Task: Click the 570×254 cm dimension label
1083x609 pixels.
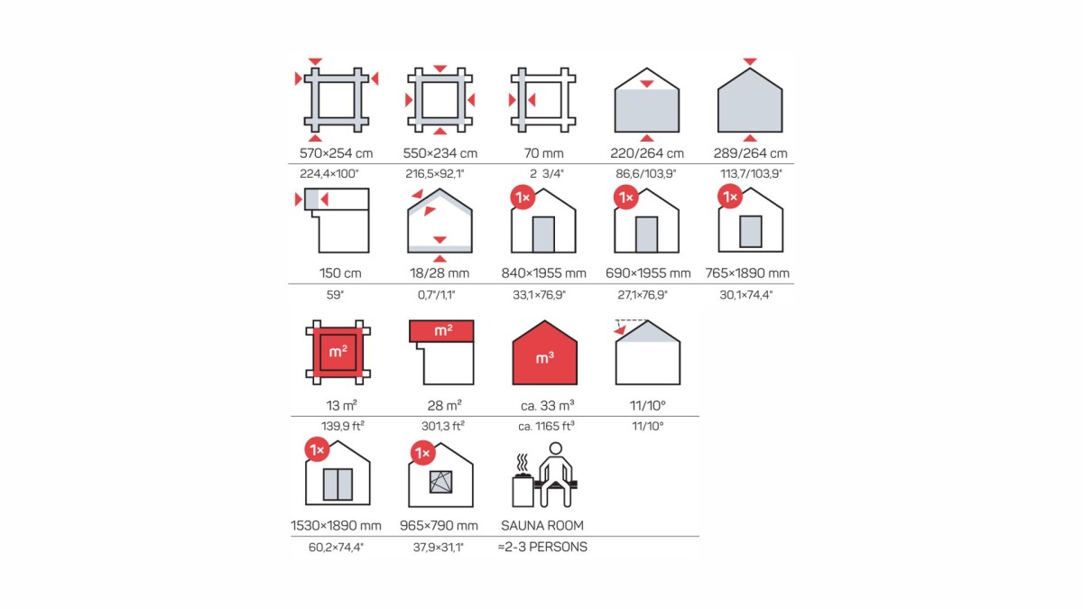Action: pos(336,153)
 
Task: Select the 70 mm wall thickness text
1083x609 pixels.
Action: pos(543,153)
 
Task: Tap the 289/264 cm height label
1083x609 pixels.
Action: pos(750,153)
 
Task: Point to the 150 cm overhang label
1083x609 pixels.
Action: pos(340,273)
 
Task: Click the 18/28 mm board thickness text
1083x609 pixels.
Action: pos(440,273)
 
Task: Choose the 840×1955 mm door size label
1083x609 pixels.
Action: pos(543,273)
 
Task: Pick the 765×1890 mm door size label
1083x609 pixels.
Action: pos(747,273)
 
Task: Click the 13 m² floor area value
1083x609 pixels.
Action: pos(341,405)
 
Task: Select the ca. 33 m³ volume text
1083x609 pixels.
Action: pos(547,405)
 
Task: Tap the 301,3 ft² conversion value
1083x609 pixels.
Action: pos(443,426)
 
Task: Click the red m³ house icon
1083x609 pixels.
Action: pos(544,353)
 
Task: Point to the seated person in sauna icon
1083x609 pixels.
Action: pos(556,475)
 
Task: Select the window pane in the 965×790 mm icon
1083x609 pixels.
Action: pos(441,482)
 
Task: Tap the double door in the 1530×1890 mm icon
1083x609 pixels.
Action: pos(338,484)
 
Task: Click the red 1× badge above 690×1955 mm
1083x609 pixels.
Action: pos(626,198)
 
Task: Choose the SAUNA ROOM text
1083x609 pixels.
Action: pos(542,525)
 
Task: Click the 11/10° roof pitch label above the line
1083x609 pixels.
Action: pos(647,405)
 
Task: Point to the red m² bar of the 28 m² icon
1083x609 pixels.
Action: pos(441,330)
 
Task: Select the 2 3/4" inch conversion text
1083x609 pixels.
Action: pos(546,173)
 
